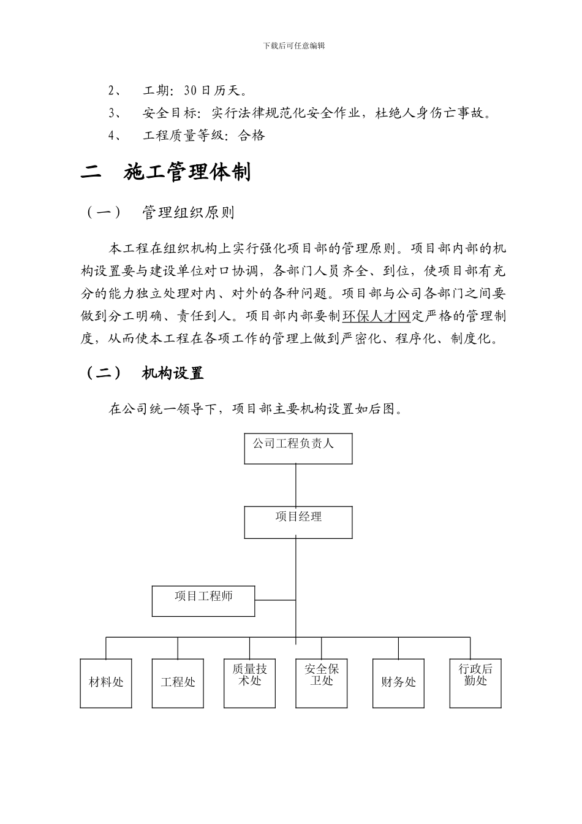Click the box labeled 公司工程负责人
coord(298,448)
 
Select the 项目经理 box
coord(298,522)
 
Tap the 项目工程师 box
coord(203,601)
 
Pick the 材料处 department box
coord(106,683)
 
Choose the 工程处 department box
coord(178,683)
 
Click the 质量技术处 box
coord(249,683)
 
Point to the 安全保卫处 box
coord(322,683)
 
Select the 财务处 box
coord(398,683)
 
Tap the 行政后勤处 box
coord(475,683)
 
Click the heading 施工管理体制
coord(187,173)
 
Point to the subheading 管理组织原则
coord(187,213)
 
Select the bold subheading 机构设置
coord(173,373)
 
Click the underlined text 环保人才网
coord(376,316)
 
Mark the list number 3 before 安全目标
coord(113,113)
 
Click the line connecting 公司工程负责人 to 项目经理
coord(297,485)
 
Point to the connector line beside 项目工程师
coord(275,600)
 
